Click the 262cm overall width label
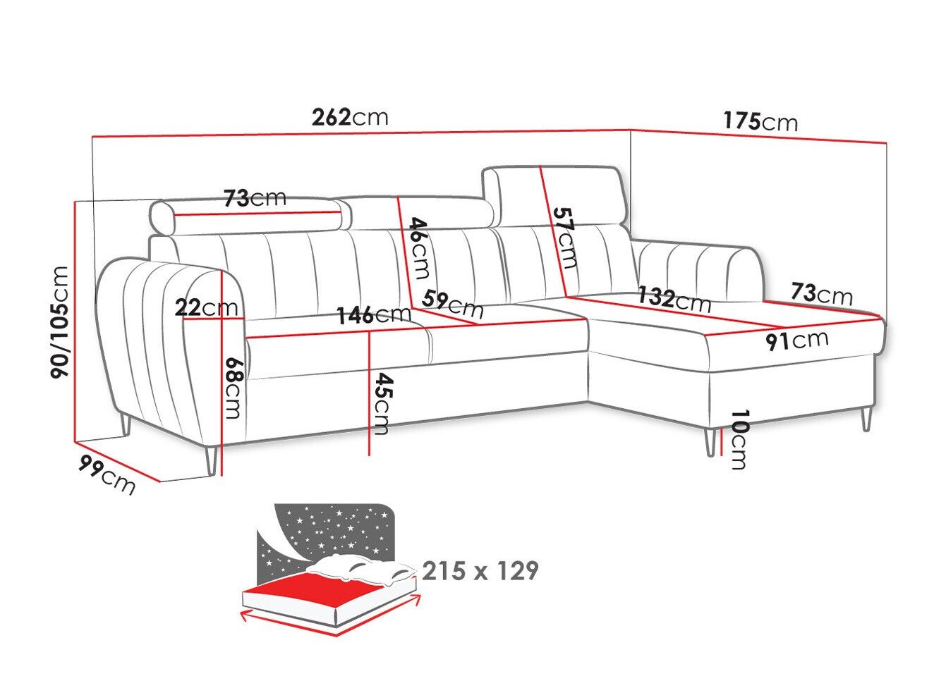[x=350, y=116]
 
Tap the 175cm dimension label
[x=760, y=121]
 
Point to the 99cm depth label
[x=107, y=474]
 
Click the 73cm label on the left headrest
[x=255, y=198]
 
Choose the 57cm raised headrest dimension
[x=566, y=237]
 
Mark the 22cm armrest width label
[x=206, y=307]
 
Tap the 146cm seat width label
[x=373, y=314]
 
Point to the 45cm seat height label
[x=382, y=403]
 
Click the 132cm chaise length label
[x=674, y=299]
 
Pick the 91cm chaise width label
[x=797, y=340]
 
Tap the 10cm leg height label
[x=738, y=439]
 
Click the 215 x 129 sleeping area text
[x=480, y=570]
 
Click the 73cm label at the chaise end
[x=821, y=293]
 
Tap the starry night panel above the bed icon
[x=332, y=529]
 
